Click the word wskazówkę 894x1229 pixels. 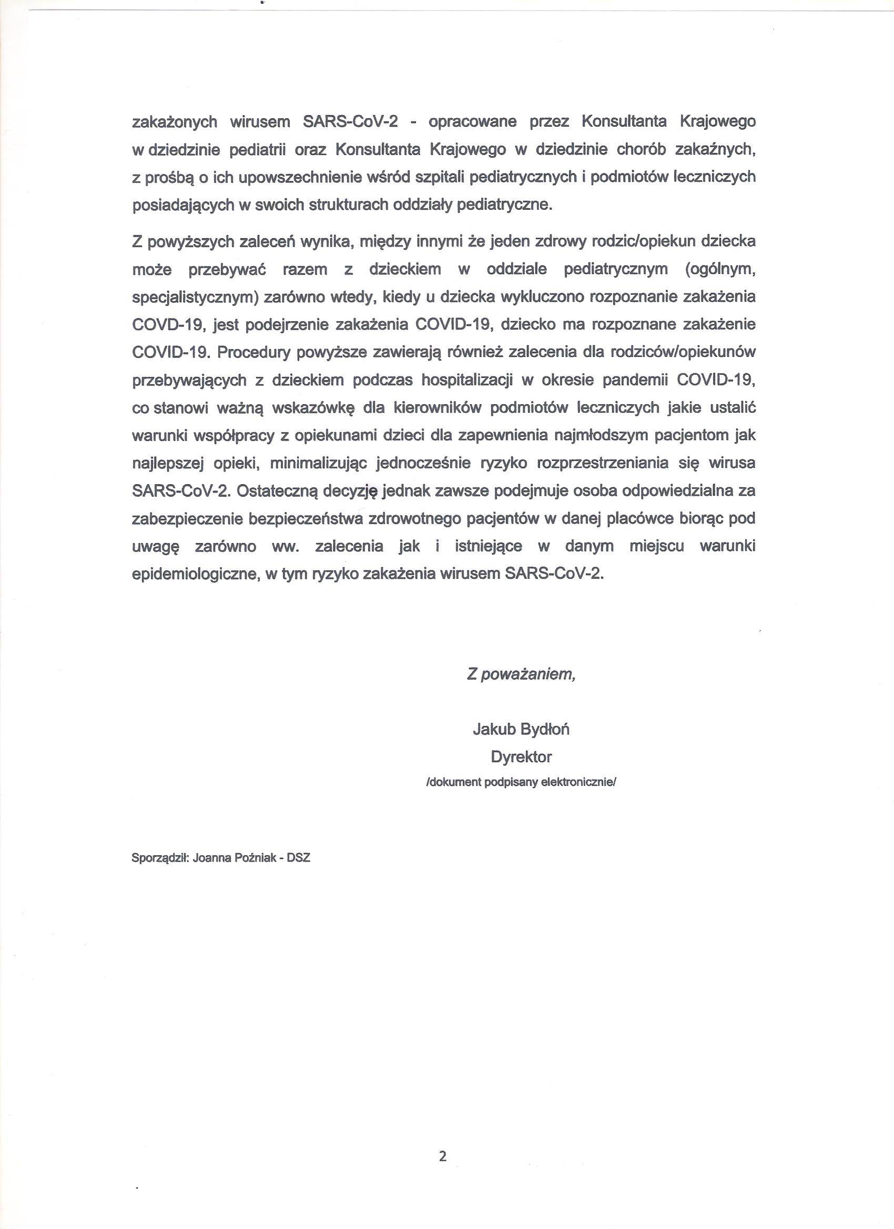point(313,408)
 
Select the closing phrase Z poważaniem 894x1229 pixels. point(521,674)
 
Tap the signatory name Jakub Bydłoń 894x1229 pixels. point(521,730)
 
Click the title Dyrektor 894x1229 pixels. point(521,757)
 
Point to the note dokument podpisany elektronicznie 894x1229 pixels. point(521,783)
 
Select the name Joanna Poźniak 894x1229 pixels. point(234,858)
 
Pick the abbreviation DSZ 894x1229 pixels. point(299,858)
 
